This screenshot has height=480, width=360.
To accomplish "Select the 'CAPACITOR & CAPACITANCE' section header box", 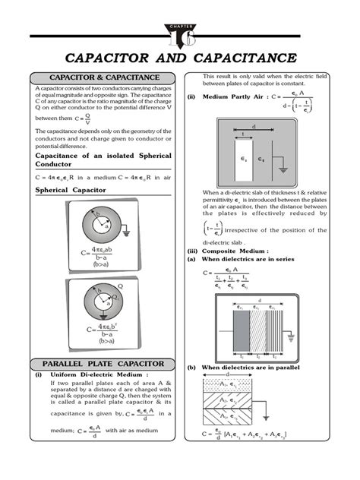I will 104,77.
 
